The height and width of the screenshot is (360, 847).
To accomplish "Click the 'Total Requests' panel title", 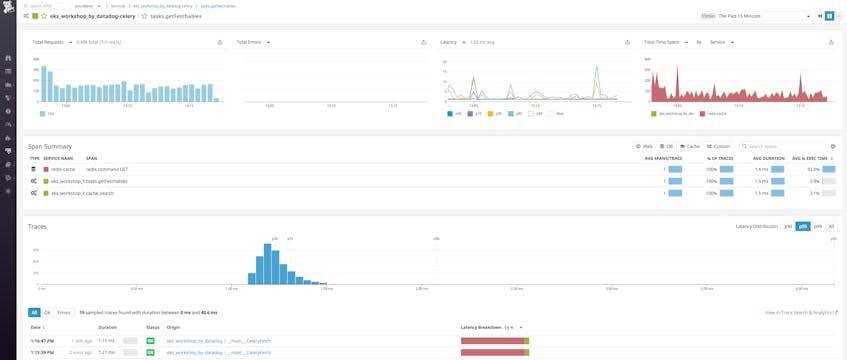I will [48, 42].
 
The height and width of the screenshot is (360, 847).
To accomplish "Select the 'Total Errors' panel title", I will [249, 42].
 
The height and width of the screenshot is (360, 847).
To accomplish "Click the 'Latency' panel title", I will [448, 42].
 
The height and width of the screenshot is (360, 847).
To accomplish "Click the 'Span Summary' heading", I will [49, 146].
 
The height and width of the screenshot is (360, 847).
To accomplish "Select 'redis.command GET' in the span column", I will [107, 169].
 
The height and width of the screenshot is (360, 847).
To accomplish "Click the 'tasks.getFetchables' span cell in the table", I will [107, 181].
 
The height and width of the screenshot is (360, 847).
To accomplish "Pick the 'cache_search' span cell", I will [100, 193].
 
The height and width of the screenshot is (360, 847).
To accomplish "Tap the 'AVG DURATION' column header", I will [768, 158].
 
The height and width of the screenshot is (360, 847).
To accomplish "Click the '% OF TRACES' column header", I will [721, 158].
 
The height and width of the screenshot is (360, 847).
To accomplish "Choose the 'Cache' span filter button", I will [690, 146].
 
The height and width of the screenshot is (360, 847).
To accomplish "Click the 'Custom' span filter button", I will [719, 146].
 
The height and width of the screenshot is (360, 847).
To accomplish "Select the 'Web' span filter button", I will [644, 146].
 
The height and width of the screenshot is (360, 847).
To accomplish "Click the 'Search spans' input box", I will [782, 146].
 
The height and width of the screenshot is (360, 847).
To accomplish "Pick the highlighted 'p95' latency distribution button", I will [803, 226].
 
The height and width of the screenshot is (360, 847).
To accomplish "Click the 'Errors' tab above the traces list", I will [64, 312].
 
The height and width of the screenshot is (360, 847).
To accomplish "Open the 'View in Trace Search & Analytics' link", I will [801, 313].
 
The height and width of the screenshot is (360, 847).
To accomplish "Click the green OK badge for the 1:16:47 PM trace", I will [151, 341].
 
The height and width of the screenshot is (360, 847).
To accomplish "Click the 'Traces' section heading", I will [37, 226].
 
